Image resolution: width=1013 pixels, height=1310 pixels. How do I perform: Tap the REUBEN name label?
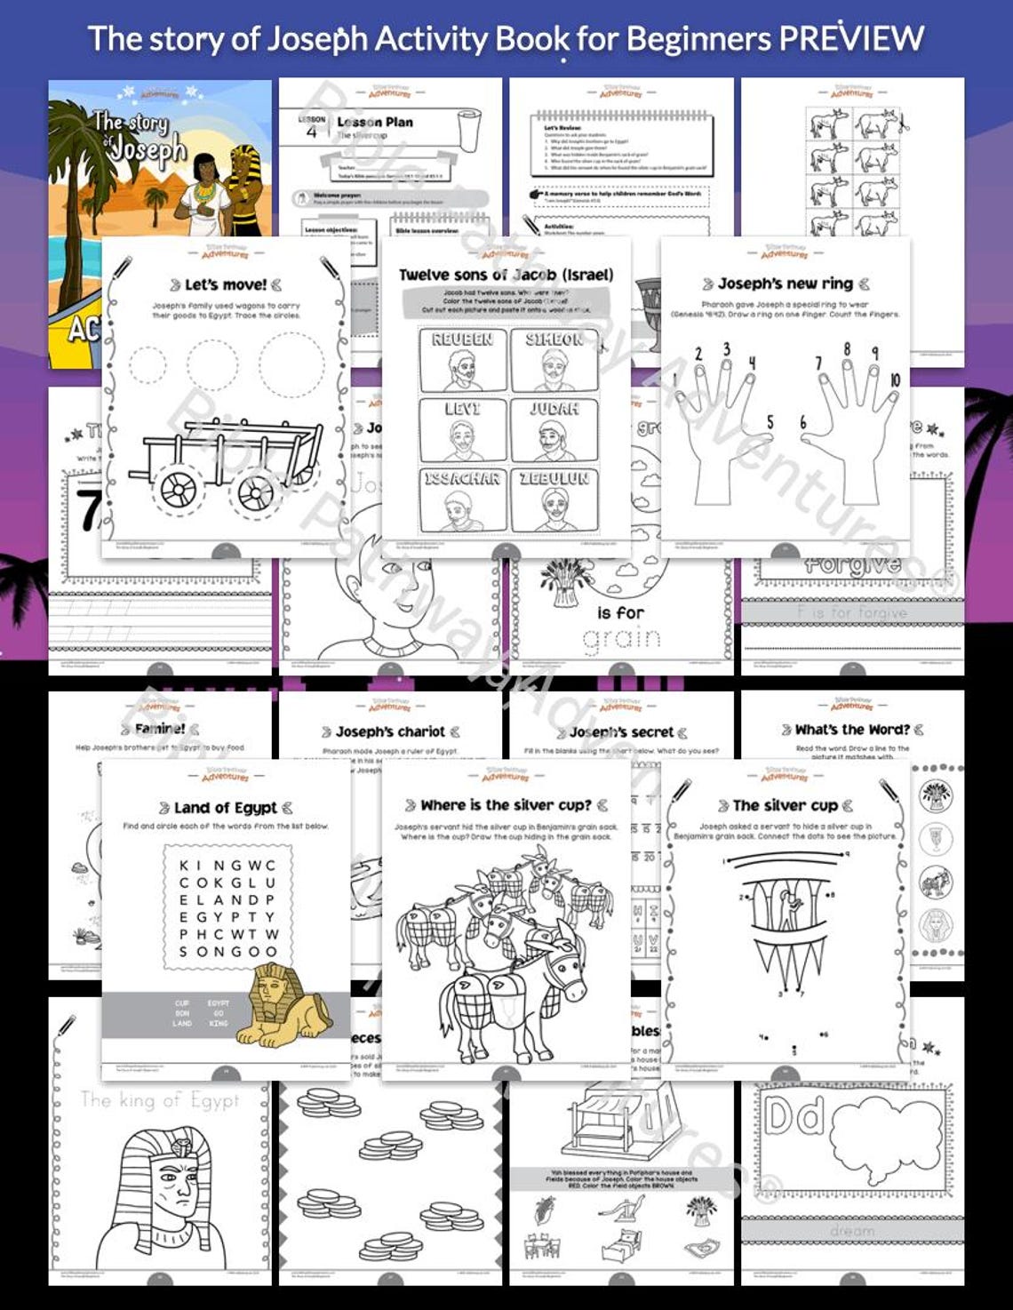462,339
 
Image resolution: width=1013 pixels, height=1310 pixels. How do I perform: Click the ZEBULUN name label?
554,479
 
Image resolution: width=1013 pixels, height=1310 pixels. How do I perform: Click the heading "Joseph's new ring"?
786,284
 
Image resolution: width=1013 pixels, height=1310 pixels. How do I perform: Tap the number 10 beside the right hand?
894,379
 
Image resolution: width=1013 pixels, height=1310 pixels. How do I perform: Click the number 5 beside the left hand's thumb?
770,422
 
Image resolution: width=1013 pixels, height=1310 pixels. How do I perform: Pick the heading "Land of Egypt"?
226,808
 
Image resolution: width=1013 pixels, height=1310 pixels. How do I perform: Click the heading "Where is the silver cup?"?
506,805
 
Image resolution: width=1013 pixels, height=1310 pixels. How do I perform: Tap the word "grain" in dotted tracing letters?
621,637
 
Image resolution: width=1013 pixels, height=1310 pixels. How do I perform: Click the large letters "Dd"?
795,1117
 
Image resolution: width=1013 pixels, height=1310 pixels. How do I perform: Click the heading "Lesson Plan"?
375,122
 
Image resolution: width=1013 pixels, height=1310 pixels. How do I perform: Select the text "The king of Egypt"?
160,1100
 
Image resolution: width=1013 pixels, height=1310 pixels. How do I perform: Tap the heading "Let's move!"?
225,284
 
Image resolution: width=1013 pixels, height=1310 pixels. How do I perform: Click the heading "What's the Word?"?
852,730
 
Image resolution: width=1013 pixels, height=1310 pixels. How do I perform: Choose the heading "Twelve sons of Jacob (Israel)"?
506,275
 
